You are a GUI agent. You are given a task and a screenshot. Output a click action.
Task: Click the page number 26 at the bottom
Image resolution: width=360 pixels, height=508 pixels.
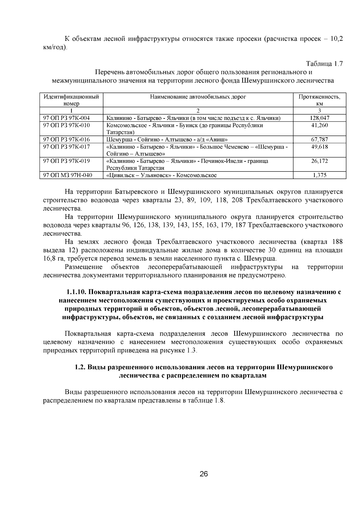coord(203,474)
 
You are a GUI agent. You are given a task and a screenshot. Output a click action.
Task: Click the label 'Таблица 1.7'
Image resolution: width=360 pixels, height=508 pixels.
coord(324,64)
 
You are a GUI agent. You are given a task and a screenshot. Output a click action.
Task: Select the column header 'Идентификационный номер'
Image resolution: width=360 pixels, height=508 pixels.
coord(71,100)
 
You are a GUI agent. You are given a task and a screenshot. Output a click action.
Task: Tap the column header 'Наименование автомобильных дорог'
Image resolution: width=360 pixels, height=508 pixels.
coord(198,97)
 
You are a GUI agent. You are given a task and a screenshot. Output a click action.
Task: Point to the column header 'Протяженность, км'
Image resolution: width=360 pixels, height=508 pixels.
coord(319,100)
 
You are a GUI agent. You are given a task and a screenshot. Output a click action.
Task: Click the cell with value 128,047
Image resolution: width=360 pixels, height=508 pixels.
coord(319,118)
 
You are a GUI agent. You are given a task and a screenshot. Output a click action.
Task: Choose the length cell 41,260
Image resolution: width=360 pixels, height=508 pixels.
coord(319,125)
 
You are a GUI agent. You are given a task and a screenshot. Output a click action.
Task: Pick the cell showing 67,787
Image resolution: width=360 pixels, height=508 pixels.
coord(319,139)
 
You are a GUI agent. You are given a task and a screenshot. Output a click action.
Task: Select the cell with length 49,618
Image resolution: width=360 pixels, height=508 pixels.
coord(319,147)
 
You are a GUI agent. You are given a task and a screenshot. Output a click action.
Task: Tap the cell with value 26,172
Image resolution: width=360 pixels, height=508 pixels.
coord(319,161)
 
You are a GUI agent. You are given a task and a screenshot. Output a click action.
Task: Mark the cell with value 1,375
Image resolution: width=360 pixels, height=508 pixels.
coord(319,175)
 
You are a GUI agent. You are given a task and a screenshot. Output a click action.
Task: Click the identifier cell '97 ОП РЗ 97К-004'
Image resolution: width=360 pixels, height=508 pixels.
coord(67,118)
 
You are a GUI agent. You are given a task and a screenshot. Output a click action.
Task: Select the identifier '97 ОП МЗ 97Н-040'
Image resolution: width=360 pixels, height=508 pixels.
coord(68,175)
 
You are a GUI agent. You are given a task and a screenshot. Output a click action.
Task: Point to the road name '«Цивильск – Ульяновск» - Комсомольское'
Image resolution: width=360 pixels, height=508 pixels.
coord(162,175)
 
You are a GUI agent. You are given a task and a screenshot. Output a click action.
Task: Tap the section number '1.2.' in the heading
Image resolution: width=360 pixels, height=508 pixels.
coord(80,367)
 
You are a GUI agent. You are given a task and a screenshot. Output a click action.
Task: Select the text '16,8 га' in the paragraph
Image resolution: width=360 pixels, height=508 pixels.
coord(53,259)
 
